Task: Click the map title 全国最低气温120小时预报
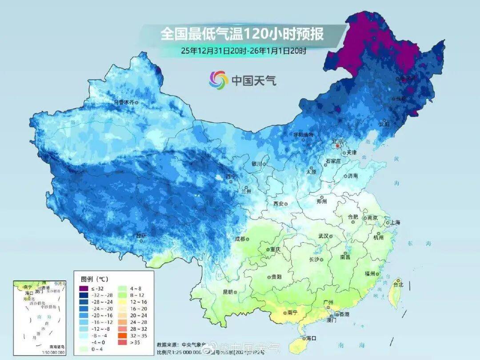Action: (242, 34)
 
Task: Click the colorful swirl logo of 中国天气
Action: (219, 80)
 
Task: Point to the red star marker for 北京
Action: (338, 146)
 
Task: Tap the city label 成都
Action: (240, 239)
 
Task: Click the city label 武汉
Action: (324, 236)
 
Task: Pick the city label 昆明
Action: (228, 292)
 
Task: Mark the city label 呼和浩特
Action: (303, 135)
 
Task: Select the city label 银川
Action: (257, 164)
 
